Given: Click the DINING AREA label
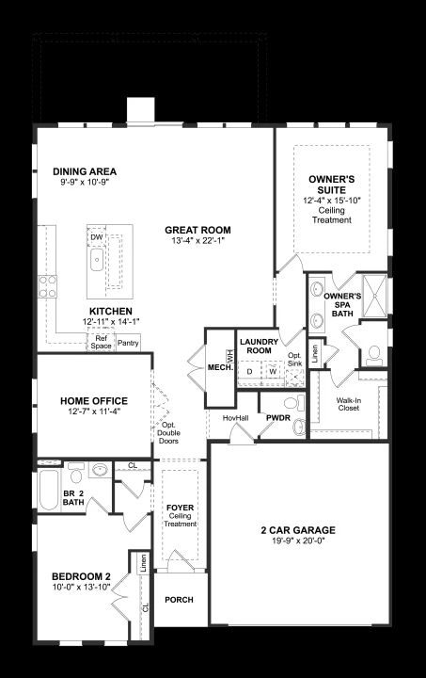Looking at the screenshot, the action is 85,171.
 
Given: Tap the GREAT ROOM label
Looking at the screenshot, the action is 197,230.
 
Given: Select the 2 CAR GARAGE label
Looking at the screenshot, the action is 298,530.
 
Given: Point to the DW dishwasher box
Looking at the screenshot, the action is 97,237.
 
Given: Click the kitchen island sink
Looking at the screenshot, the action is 97,260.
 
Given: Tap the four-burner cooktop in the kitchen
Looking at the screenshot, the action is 47,286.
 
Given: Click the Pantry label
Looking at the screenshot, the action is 128,343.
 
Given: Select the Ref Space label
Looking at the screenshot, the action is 101,342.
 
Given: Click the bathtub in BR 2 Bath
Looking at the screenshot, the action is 49,490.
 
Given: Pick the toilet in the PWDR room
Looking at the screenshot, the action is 293,403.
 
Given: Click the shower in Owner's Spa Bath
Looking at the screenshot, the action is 374,296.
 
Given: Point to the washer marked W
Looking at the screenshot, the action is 273,371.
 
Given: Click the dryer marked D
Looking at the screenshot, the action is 249,371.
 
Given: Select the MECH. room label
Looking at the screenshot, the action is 221,367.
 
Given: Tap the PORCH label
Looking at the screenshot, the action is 179,600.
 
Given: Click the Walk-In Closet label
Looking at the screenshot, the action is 349,404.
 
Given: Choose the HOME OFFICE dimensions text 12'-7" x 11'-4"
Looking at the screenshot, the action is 94,412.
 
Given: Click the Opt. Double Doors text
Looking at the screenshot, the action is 168,433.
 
